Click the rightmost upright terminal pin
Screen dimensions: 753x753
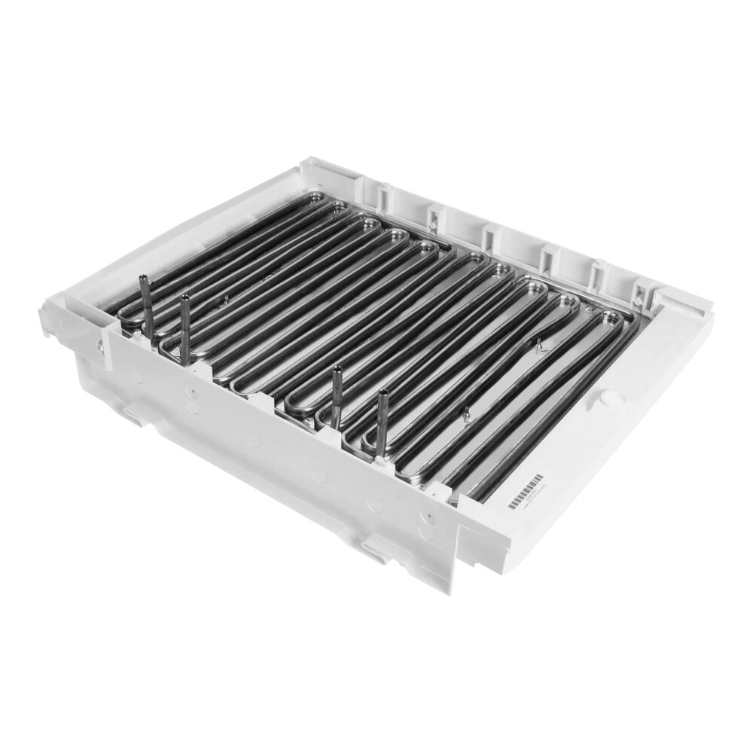point(383,422)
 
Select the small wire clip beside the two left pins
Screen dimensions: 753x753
point(224,300)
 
